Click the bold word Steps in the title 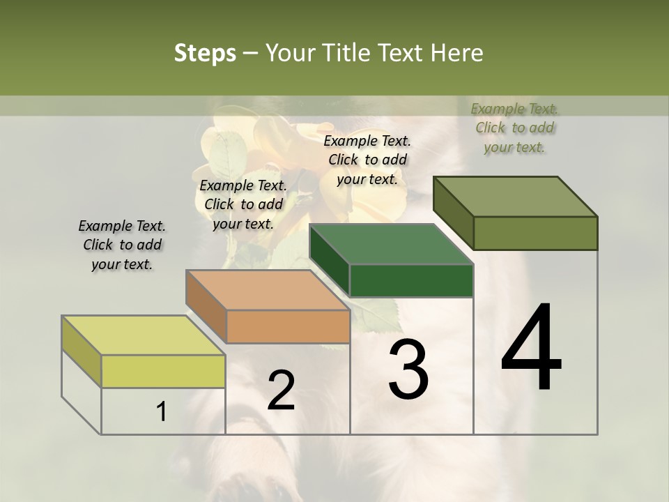tap(205, 53)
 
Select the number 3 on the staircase tap(408, 369)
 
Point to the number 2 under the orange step tap(281, 390)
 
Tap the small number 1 tap(162, 411)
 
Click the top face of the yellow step tap(144, 335)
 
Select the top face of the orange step tap(268, 290)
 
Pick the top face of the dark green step tap(391, 245)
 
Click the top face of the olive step tap(515, 197)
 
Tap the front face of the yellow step tap(163, 371)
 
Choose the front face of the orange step tap(288, 326)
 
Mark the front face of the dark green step tap(411, 280)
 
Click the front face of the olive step tap(535, 233)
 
